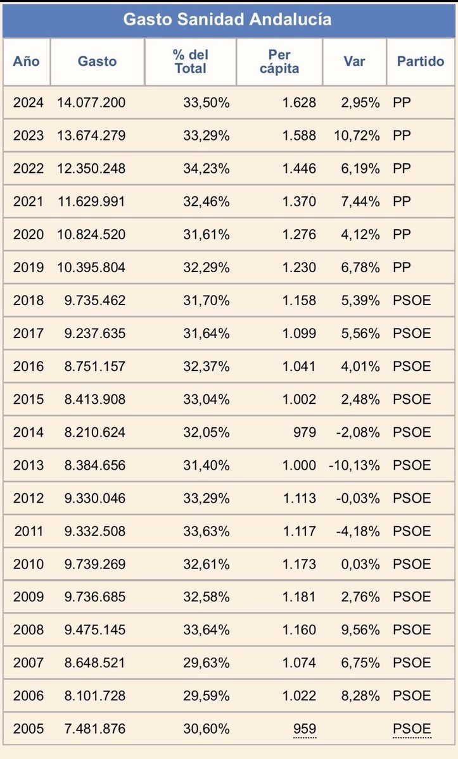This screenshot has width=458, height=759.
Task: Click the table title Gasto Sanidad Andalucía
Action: (227, 20)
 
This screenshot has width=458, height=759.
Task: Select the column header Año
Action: (26, 61)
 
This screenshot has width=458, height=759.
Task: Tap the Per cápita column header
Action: (279, 61)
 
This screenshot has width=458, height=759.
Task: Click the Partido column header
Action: (421, 61)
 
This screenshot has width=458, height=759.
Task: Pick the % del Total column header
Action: (190, 61)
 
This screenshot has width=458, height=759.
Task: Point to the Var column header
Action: (353, 61)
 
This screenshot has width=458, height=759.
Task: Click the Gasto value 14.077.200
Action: (91, 103)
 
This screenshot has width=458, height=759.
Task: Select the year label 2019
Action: (29, 267)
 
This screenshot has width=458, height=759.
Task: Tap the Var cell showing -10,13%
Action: (354, 465)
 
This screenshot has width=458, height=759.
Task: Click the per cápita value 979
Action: (304, 432)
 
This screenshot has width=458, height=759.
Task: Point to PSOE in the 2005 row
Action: (412, 729)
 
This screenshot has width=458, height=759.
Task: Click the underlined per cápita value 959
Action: (304, 729)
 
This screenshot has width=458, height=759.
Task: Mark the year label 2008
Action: (29, 630)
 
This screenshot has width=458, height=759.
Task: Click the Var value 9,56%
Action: (360, 630)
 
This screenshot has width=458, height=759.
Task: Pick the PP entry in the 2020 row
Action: (402, 234)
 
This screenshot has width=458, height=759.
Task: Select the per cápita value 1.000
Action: (299, 465)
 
